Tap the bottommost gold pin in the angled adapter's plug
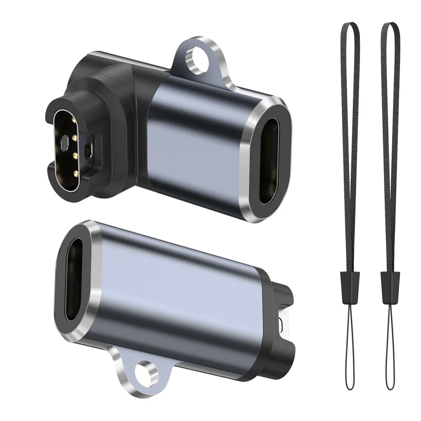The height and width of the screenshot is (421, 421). tap(74, 173)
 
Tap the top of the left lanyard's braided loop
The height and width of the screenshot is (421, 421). tap(349, 24)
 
